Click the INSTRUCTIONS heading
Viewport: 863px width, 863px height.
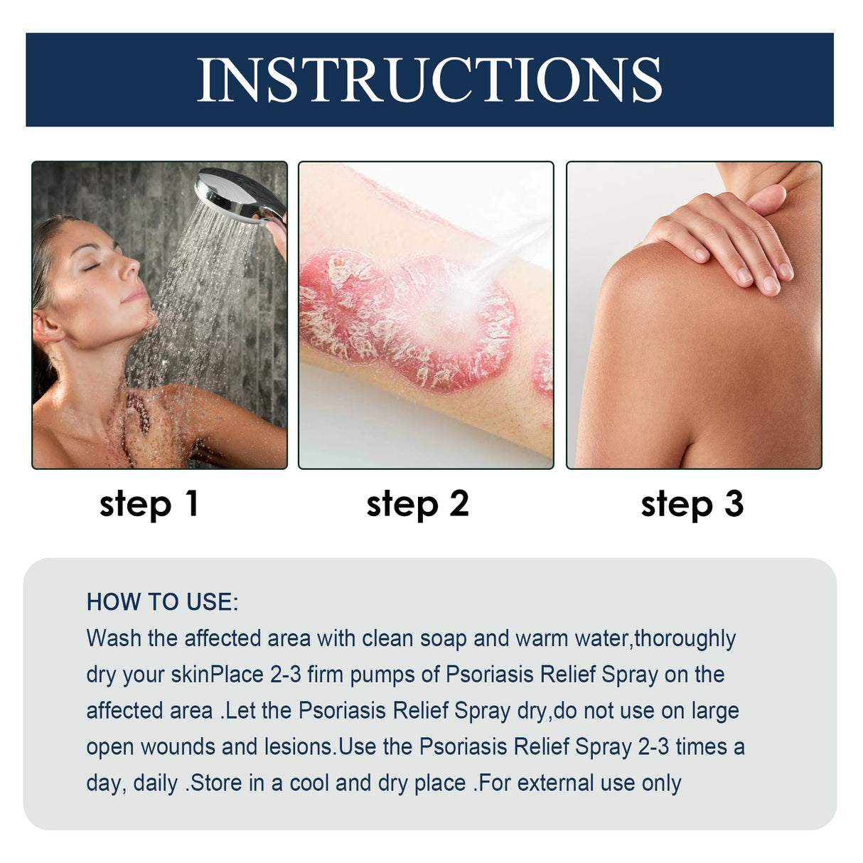point(429,80)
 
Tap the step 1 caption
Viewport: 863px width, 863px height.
point(149,504)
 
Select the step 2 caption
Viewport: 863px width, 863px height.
point(417,504)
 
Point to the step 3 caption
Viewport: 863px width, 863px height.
point(692,504)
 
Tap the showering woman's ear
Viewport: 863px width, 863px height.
point(47,328)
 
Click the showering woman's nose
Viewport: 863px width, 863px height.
point(129,268)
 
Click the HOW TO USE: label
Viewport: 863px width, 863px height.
point(162,602)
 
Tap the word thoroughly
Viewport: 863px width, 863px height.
point(685,638)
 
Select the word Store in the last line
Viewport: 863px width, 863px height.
point(217,783)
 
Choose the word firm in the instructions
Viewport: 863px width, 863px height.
point(325,675)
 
